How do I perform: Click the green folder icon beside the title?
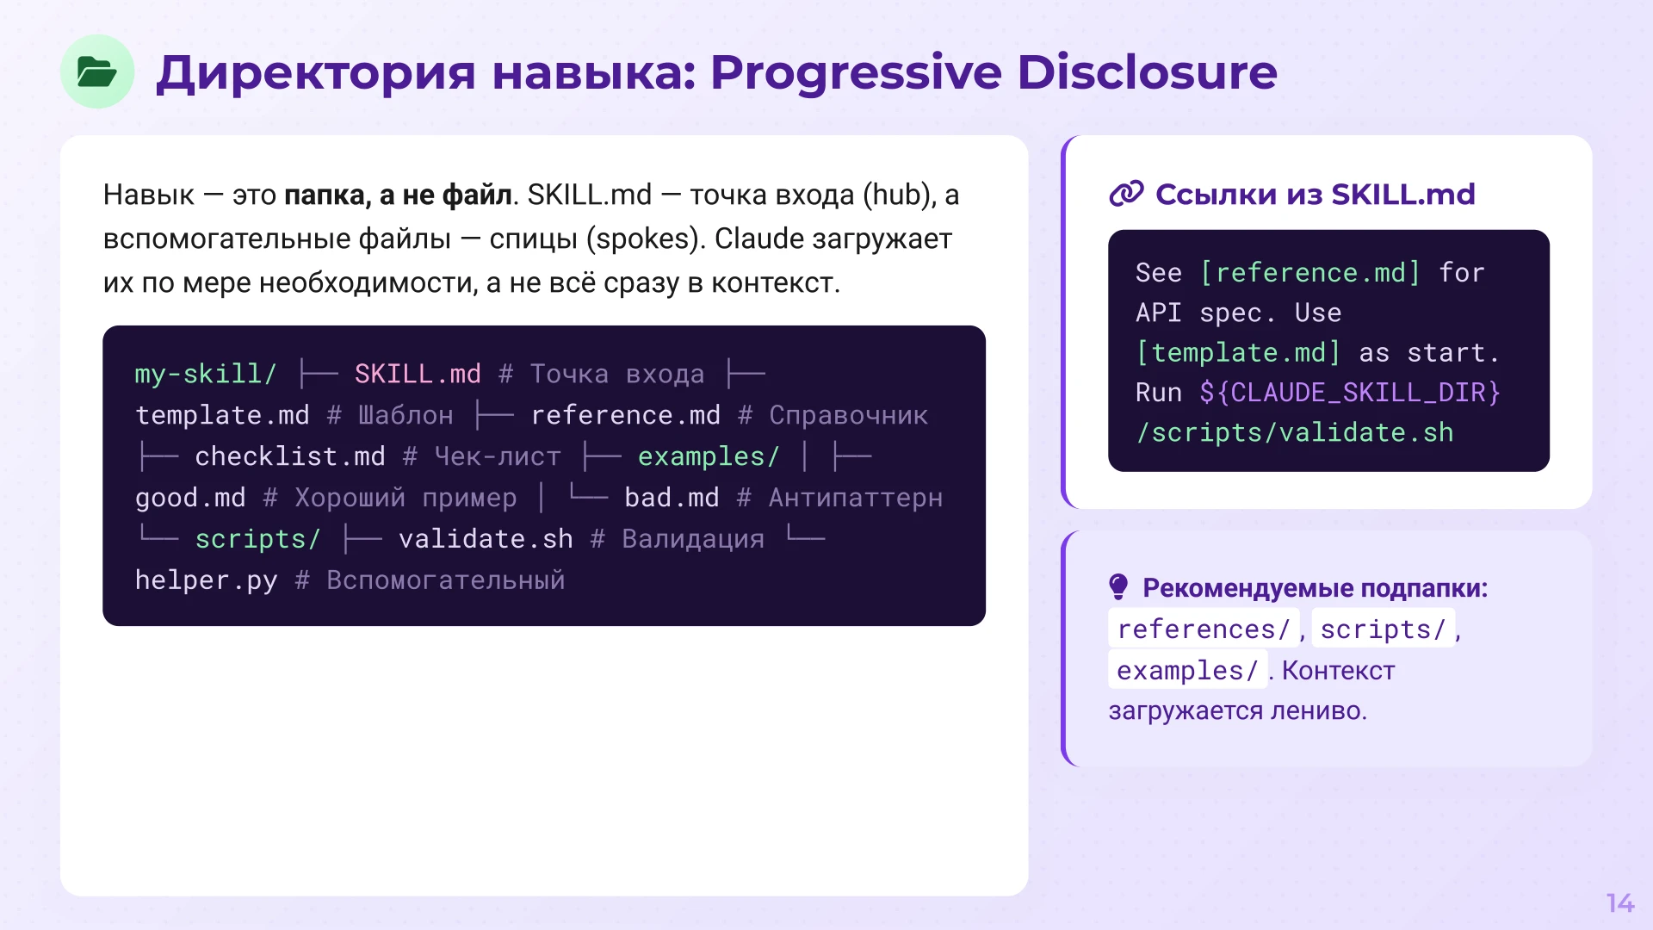coord(96,71)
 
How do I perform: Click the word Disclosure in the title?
coord(1147,72)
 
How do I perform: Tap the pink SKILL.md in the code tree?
coord(418,374)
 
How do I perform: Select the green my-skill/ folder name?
coord(205,374)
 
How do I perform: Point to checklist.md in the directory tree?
coord(289,456)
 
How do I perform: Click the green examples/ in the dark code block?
coord(708,456)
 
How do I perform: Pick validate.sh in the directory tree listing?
coord(486,539)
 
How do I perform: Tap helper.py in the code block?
coord(206,580)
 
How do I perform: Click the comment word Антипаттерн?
coord(855,498)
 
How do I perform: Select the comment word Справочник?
coord(848,415)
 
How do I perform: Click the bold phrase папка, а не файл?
coord(398,195)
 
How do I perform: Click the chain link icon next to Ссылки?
coord(1126,195)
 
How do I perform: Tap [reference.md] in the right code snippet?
coord(1309,273)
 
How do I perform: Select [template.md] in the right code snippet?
coord(1238,353)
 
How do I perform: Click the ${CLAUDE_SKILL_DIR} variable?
coord(1350,393)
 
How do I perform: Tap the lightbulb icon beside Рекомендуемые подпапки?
coord(1118,587)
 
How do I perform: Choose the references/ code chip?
coord(1203,629)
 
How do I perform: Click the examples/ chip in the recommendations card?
coord(1186,670)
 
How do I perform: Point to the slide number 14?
coord(1619,902)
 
